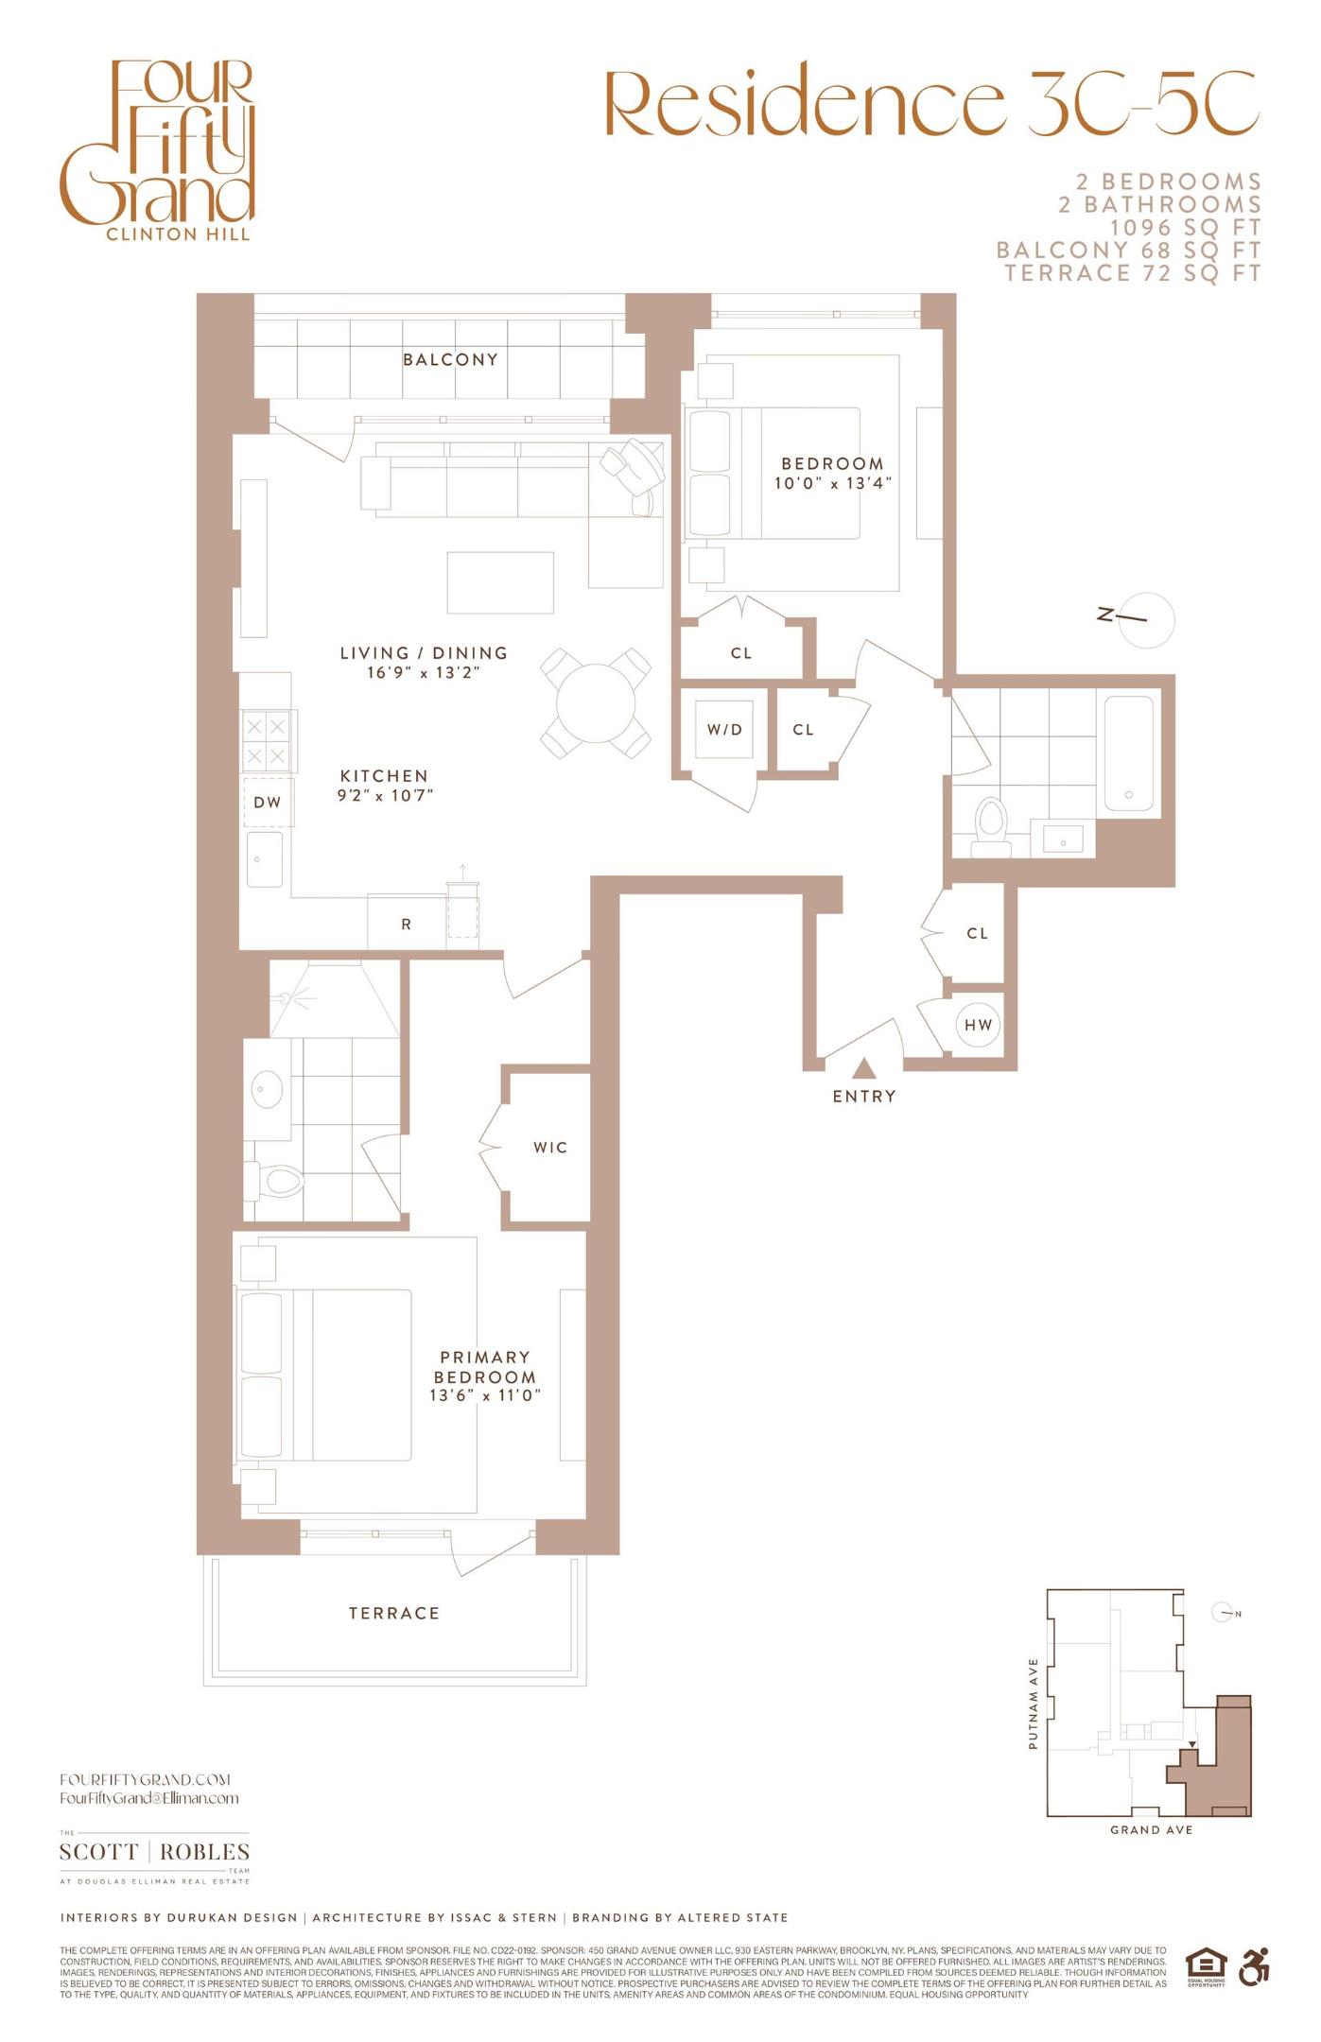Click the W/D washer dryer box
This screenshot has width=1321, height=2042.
click(x=724, y=729)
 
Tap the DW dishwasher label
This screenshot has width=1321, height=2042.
click(x=268, y=803)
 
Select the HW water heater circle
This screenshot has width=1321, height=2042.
click(x=978, y=1025)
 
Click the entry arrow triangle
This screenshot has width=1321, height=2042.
click(x=863, y=1068)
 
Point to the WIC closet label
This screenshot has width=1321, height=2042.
click(x=550, y=1148)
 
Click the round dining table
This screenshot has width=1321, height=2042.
click(x=596, y=703)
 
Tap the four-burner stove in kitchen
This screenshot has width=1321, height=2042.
click(x=266, y=742)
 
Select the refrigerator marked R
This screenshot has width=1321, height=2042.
click(x=407, y=924)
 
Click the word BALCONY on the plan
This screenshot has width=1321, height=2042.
click(x=450, y=359)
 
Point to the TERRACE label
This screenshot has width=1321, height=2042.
click(x=394, y=1613)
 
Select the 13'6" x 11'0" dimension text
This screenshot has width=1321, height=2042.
click(x=485, y=1395)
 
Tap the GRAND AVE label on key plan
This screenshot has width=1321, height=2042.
click(x=1151, y=1829)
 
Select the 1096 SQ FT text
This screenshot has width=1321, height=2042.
click(x=1185, y=228)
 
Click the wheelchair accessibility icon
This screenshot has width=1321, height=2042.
click(x=1254, y=1966)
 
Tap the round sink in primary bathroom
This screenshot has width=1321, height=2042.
click(x=267, y=1088)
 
